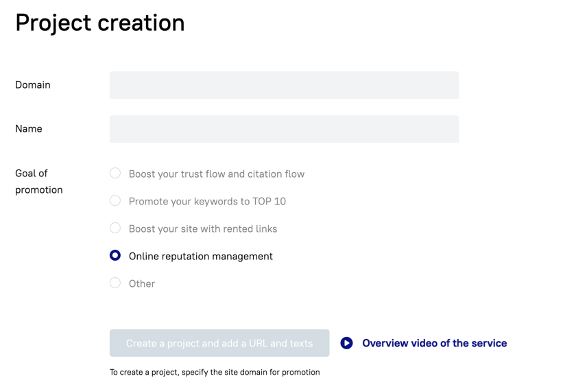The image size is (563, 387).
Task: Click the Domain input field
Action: (284, 85)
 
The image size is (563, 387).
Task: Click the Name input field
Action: (284, 129)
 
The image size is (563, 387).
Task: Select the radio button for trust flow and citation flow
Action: (115, 173)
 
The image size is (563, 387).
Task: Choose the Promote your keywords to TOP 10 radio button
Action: (115, 200)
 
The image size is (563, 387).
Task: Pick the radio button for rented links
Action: (115, 228)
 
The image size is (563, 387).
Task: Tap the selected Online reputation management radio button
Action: (115, 255)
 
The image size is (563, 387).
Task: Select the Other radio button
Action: (115, 283)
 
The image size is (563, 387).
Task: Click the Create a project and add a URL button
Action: (219, 343)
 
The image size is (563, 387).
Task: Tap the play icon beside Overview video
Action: (346, 343)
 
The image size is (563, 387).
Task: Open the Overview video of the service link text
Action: (435, 343)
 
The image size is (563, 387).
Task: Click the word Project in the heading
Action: (53, 23)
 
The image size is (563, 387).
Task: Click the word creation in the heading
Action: (141, 23)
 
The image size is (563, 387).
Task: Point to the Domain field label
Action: (33, 85)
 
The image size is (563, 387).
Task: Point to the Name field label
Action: (29, 128)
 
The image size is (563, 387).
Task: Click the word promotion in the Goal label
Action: (39, 190)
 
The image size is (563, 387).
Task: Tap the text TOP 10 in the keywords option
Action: (269, 201)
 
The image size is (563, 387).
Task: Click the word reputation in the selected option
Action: (186, 257)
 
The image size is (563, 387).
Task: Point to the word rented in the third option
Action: (223, 229)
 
